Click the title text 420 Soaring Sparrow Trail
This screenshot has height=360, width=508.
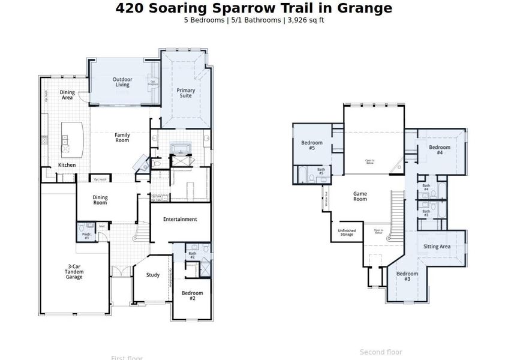click(x=254, y=8)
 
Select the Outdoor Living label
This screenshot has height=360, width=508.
click(x=122, y=82)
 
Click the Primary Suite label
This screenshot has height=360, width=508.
click(x=186, y=93)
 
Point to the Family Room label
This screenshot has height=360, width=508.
click(x=122, y=137)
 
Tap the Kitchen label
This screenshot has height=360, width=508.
click(x=67, y=165)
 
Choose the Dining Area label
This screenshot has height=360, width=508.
click(x=67, y=95)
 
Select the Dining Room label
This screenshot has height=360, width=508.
click(x=100, y=200)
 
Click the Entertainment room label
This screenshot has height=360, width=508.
click(x=180, y=219)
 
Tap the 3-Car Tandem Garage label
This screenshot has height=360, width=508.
click(x=74, y=273)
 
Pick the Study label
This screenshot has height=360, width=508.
click(x=153, y=275)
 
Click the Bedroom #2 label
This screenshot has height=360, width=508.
click(x=192, y=295)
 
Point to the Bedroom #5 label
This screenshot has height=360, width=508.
click(x=312, y=145)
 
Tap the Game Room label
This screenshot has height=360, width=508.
click(x=360, y=196)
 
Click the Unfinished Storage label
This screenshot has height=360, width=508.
click(x=347, y=232)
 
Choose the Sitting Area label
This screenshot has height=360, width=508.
click(x=436, y=247)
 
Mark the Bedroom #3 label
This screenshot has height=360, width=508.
click(x=407, y=277)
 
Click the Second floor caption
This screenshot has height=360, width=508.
click(x=381, y=352)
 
